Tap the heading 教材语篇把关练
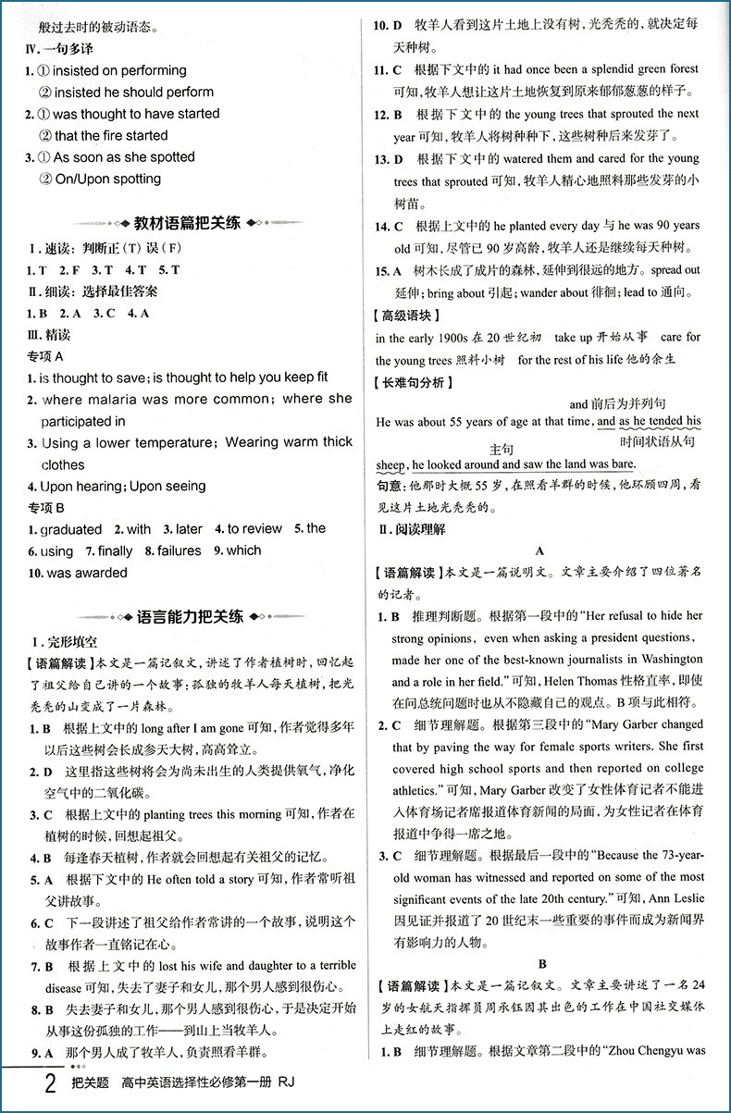tap(187, 223)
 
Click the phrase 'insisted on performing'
tap(119, 70)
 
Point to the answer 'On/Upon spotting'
tap(107, 179)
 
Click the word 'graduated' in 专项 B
tap(70, 529)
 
